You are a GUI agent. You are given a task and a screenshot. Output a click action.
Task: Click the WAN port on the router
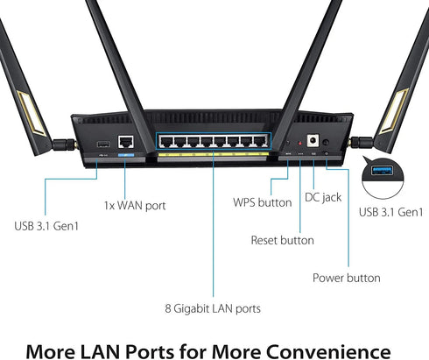126,141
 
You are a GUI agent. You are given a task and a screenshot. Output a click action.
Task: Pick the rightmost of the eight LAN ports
258,141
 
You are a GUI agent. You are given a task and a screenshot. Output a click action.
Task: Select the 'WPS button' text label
262,202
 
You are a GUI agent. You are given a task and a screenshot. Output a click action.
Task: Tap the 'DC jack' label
323,197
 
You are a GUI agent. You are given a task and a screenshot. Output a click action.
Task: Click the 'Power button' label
347,278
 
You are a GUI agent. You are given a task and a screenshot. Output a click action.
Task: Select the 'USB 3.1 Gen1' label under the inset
390,212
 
